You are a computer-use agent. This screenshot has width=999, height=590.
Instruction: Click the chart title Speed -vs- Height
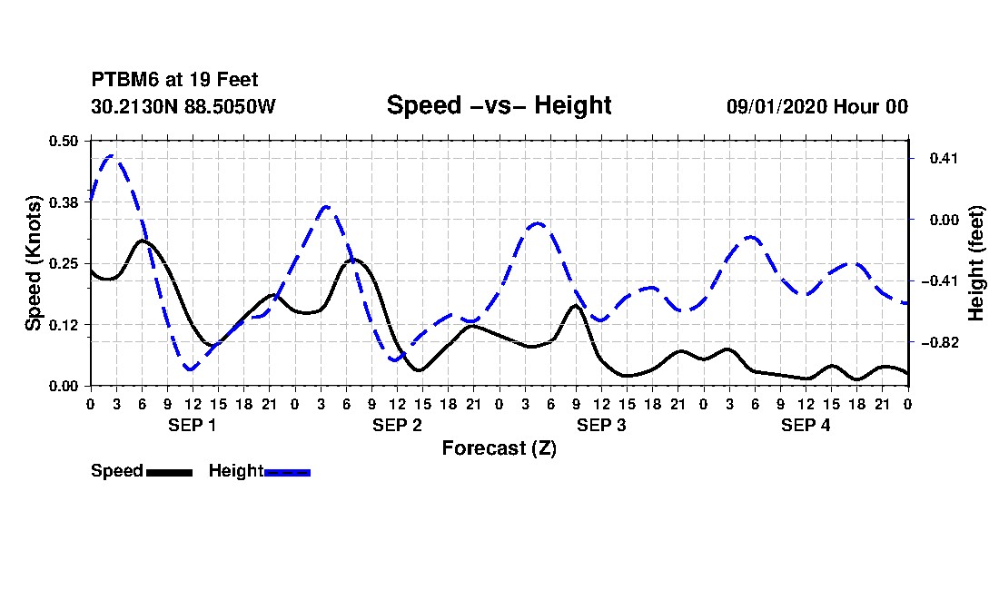point(499,105)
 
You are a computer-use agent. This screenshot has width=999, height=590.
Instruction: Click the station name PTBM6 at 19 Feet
point(174,80)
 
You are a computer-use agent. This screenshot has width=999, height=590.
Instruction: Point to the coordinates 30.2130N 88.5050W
point(183,106)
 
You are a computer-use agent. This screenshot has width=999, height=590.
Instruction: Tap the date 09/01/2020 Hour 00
point(817,106)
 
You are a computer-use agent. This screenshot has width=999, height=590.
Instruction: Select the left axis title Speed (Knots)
point(34,263)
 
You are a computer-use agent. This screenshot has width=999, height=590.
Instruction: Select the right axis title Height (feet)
point(975,263)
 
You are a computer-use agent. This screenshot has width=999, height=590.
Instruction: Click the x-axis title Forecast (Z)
point(499,448)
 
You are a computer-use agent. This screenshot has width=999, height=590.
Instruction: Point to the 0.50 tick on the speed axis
point(63,141)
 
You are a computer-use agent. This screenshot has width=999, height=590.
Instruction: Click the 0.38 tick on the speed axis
point(63,202)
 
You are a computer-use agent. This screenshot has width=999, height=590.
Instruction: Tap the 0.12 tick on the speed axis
point(63,325)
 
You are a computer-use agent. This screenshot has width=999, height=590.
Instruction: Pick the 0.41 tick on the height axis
point(944,158)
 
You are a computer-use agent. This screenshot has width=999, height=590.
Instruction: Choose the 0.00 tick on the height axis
point(944,221)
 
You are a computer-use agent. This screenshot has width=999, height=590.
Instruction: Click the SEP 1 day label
point(193,425)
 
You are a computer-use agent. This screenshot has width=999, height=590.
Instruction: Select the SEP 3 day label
point(601,425)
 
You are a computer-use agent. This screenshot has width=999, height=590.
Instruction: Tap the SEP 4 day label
point(806,425)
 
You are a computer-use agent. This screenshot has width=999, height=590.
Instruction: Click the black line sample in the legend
point(170,472)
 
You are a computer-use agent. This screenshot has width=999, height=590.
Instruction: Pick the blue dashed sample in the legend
point(287,472)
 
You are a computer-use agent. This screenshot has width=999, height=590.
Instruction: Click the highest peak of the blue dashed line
point(112,155)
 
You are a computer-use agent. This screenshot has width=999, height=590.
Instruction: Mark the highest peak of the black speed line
point(142,241)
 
